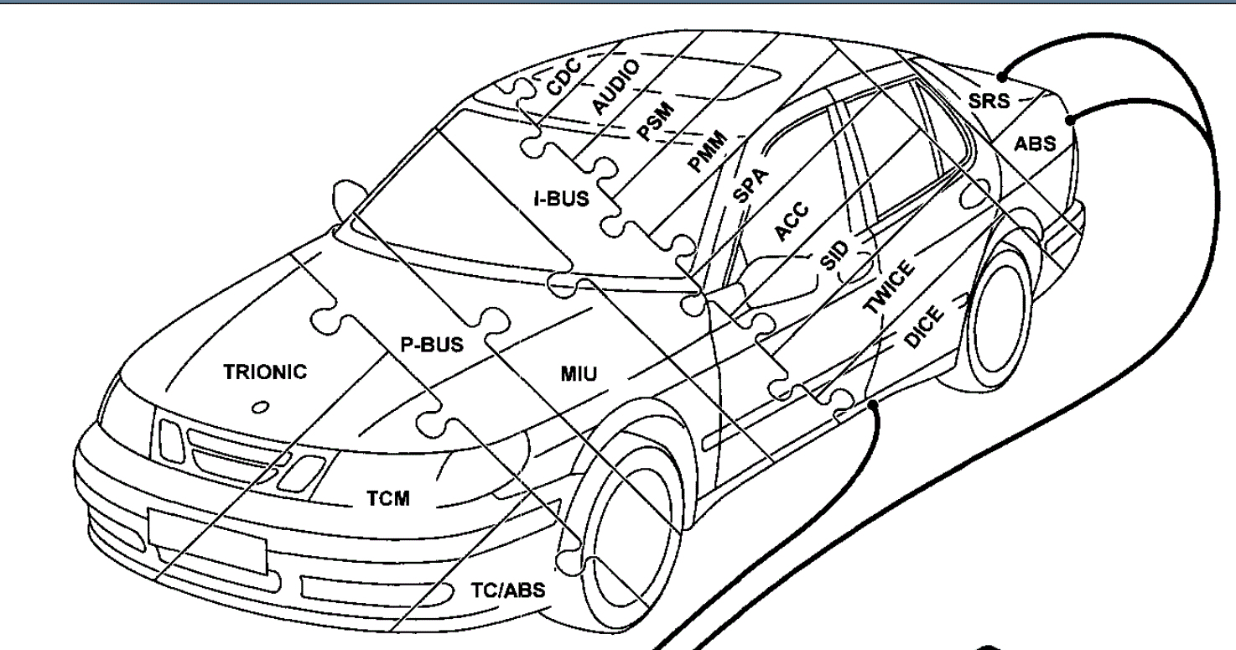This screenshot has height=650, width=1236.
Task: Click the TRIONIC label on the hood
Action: tap(265, 372)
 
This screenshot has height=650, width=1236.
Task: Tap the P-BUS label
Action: tap(431, 346)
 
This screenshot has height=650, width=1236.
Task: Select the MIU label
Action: tap(579, 373)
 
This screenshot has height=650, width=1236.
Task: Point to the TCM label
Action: tap(387, 499)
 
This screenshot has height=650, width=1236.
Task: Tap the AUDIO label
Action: tap(615, 86)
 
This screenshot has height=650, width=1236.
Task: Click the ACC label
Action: tap(791, 222)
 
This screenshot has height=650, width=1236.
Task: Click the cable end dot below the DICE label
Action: tap(874, 405)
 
